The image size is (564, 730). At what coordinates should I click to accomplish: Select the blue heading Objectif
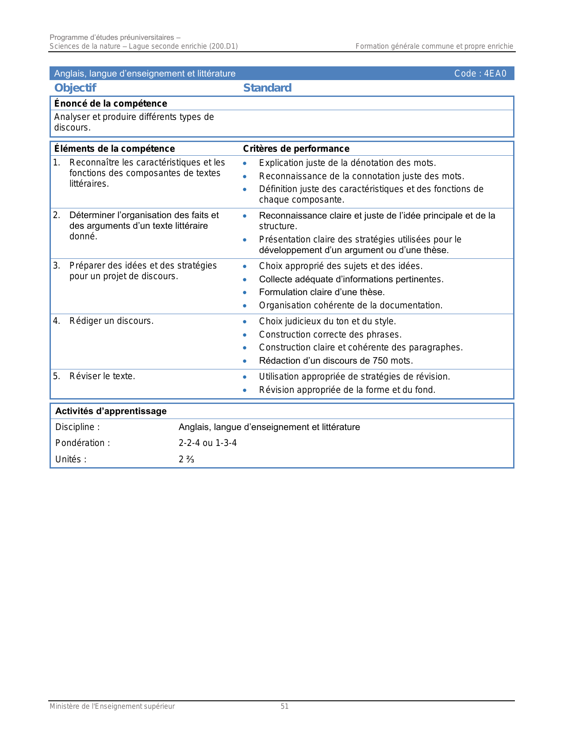coord(75,88)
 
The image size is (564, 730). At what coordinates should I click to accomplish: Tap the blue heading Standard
coord(267,88)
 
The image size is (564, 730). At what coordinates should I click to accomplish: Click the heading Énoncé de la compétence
coord(111,104)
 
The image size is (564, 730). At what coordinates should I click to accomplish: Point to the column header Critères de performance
coord(296,149)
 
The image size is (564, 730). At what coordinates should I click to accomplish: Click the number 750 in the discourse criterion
coord(380,361)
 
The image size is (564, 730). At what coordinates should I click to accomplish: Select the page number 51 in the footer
coord(284,707)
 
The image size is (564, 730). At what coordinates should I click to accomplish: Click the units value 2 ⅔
coord(186,459)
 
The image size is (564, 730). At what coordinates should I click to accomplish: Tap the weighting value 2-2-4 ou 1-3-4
coord(207,443)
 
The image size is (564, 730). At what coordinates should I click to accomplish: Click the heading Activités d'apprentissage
coord(111,411)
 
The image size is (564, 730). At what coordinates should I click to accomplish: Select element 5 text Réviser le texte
coord(102,376)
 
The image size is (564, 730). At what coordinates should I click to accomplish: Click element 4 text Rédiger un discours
coord(111,321)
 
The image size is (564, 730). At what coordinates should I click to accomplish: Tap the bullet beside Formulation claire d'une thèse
coord(245,292)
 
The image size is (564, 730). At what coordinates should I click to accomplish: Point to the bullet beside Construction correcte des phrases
coord(245,335)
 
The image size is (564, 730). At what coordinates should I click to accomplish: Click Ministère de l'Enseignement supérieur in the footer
coord(112,707)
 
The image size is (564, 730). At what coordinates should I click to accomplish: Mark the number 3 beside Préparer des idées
coord(56,265)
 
